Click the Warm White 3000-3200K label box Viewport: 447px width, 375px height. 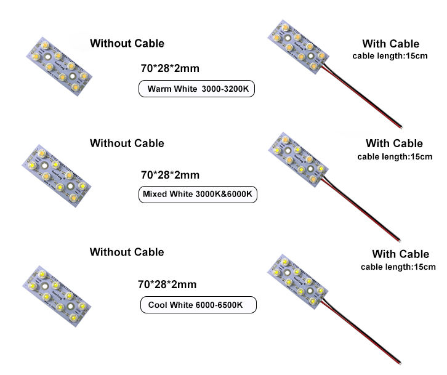click(x=196, y=89)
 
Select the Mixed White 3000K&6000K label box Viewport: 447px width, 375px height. click(x=196, y=195)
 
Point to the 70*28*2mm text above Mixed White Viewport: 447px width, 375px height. click(x=170, y=175)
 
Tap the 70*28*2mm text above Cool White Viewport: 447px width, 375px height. click(x=167, y=284)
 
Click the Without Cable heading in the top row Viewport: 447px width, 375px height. click(x=127, y=44)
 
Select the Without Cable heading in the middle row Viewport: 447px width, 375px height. click(x=127, y=143)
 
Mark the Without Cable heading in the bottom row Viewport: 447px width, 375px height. click(x=127, y=252)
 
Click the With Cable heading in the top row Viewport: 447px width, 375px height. click(x=390, y=44)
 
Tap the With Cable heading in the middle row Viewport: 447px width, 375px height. click(x=395, y=144)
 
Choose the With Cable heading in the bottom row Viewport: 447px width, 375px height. click(x=400, y=254)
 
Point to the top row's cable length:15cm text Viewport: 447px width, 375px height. click(x=390, y=56)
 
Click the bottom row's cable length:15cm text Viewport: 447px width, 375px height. click(x=398, y=267)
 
